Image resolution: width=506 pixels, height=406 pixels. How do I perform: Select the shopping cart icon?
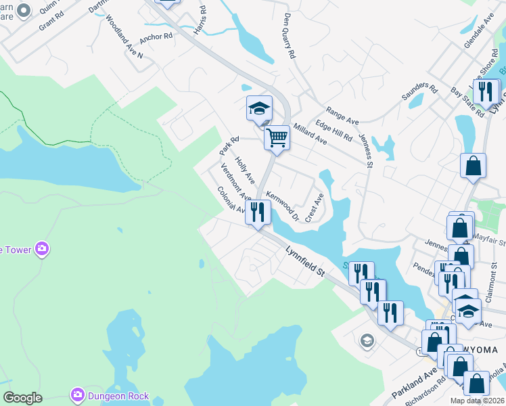[x=277, y=137]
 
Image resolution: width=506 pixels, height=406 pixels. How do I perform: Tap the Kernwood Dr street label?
[x=283, y=206]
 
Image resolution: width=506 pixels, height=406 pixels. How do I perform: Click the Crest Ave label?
[x=315, y=208]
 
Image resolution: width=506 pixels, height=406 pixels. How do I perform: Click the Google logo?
[x=22, y=398]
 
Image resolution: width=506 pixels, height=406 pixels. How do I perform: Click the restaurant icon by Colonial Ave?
[x=258, y=212]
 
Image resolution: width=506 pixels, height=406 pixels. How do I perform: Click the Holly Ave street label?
[x=244, y=171]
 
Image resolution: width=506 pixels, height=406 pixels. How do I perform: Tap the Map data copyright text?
[x=478, y=401]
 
